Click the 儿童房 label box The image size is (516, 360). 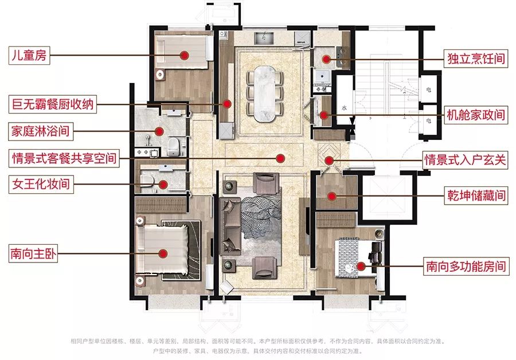[x=29, y=55]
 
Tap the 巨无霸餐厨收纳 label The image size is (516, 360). [x=53, y=104]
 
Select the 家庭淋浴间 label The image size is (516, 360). [x=41, y=131]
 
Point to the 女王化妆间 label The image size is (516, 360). [x=41, y=184]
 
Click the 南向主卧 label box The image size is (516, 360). [x=33, y=253]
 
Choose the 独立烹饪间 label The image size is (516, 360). [x=476, y=59]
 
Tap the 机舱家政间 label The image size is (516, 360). [x=476, y=115]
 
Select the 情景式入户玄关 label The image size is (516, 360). [x=465, y=160]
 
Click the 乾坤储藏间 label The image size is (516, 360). [x=476, y=195]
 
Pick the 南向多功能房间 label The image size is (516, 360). [x=466, y=266]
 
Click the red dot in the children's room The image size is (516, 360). [x=184, y=55]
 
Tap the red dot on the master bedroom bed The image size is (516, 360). [x=163, y=253]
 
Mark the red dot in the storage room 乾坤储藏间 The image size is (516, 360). [x=332, y=197]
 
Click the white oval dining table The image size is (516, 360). [x=264, y=94]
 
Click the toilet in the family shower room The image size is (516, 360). [x=173, y=146]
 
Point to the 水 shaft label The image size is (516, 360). [x=344, y=108]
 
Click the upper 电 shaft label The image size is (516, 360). [x=428, y=89]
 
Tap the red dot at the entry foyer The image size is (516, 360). [x=329, y=161]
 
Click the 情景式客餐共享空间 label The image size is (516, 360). [x=64, y=158]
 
